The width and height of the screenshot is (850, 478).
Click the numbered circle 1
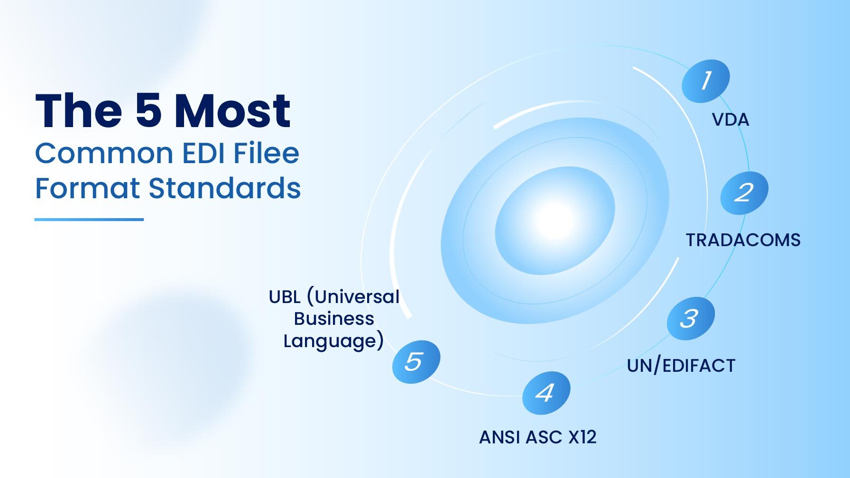pyautogui.click(x=705, y=81)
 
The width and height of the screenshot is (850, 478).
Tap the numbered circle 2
pyautogui.click(x=744, y=193)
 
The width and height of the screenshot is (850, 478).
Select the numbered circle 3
pyautogui.click(x=690, y=318)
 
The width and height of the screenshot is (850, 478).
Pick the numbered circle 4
pyautogui.click(x=545, y=393)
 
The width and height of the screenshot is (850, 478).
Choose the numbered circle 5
pyautogui.click(x=416, y=361)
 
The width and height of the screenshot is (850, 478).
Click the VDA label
pyautogui.click(x=730, y=120)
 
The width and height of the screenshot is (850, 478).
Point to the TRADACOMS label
pyautogui.click(x=743, y=240)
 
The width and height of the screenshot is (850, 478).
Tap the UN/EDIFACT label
pyautogui.click(x=681, y=366)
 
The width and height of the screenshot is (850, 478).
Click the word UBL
pyautogui.click(x=285, y=297)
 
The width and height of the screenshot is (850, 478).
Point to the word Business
pyautogui.click(x=334, y=319)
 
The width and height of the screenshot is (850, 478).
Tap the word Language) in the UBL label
pyautogui.click(x=333, y=341)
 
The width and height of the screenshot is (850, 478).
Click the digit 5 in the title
pyautogui.click(x=148, y=111)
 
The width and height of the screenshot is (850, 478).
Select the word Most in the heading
pyautogui.click(x=232, y=111)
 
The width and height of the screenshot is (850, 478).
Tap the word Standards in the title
pyautogui.click(x=224, y=188)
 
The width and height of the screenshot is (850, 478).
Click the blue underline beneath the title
pyautogui.click(x=89, y=220)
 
